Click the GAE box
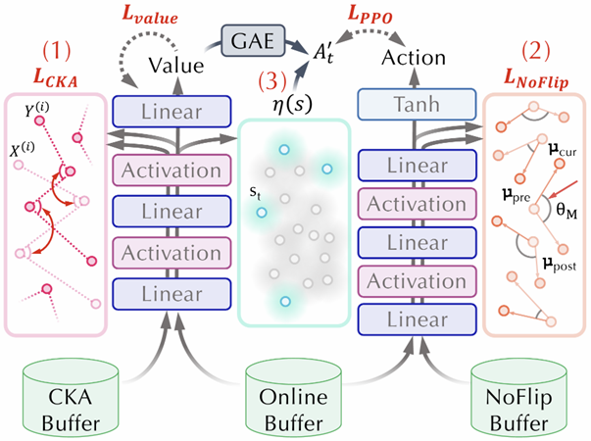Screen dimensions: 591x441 [x=253, y=41]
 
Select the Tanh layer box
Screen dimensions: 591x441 [x=417, y=105]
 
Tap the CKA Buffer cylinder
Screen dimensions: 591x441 [x=71, y=398]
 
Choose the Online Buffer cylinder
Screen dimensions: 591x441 [x=294, y=398]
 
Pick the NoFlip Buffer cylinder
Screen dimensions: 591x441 [x=518, y=398]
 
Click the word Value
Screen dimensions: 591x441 [x=176, y=66]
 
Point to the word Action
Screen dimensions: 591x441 [x=414, y=58]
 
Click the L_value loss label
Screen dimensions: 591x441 [x=150, y=16]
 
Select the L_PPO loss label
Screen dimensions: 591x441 [x=370, y=15]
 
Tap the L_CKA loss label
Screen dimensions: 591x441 [x=56, y=78]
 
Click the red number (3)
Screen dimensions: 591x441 [x=272, y=80]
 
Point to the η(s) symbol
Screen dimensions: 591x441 [x=292, y=104]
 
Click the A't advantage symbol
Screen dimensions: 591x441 [x=324, y=54]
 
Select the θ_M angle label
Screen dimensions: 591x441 [x=566, y=211]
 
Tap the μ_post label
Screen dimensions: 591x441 [x=560, y=265]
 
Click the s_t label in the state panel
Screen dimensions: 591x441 [x=255, y=193]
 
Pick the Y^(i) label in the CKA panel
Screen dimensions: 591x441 [x=36, y=110]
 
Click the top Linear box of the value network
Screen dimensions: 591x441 [x=172, y=112]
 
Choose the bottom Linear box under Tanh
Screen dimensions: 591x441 [x=417, y=319]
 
